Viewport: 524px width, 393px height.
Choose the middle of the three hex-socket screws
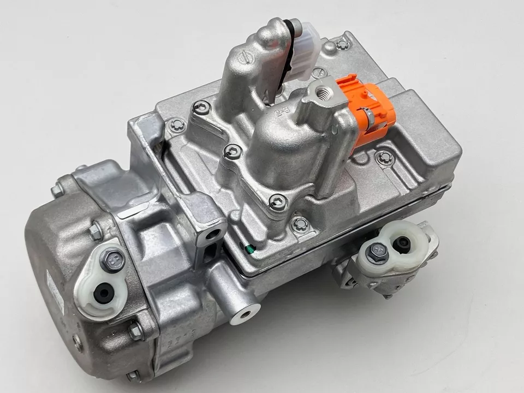pos(233,151)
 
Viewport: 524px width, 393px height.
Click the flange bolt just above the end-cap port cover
pos(96,231)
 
